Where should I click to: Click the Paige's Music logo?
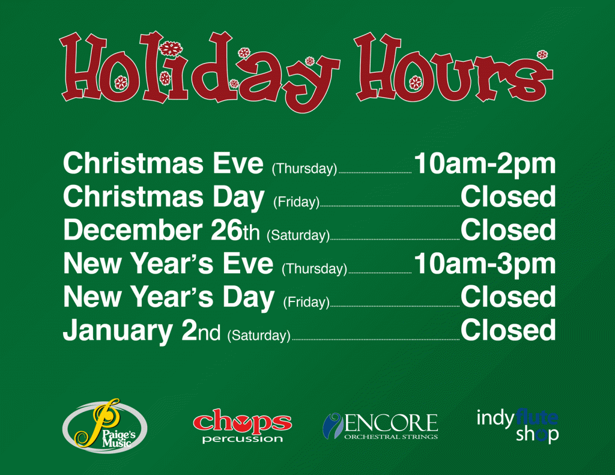[x=105, y=426]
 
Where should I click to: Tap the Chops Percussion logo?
[x=243, y=426]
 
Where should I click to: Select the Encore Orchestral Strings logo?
[x=380, y=426]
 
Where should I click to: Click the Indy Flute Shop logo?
[x=517, y=426]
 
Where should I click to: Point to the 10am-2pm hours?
[x=485, y=164]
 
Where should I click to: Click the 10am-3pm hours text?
[x=485, y=264]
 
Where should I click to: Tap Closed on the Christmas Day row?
[x=508, y=196]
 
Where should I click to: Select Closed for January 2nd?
[x=508, y=330]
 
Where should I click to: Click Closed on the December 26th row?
[x=508, y=230]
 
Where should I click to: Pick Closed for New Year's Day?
[x=508, y=297]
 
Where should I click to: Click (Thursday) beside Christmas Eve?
[x=304, y=169]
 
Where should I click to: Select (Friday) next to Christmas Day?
[x=297, y=202]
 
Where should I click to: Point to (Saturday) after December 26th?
[x=298, y=235]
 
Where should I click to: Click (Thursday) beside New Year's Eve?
[x=314, y=268]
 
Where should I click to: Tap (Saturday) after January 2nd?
[x=259, y=335]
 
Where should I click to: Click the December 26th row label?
[x=161, y=230]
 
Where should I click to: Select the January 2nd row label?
[x=142, y=331]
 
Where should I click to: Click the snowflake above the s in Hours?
[x=542, y=55]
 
